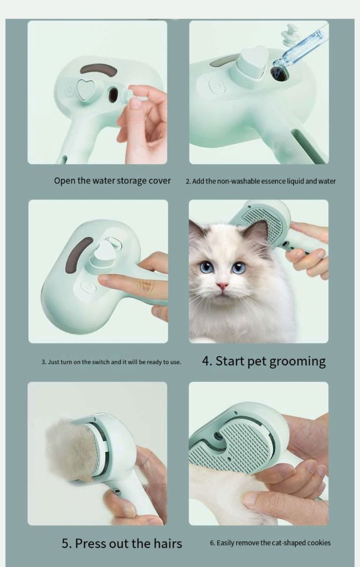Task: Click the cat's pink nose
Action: pyautogui.click(x=222, y=285)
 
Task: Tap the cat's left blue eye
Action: pyautogui.click(x=206, y=268)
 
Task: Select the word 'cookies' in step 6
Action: pyautogui.click(x=317, y=543)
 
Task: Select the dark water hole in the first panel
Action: pyautogui.click(x=113, y=94)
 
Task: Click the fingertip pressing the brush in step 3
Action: pyautogui.click(x=103, y=280)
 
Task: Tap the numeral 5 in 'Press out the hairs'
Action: pyautogui.click(x=65, y=543)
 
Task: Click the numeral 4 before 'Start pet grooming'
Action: pyautogui.click(x=206, y=361)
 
